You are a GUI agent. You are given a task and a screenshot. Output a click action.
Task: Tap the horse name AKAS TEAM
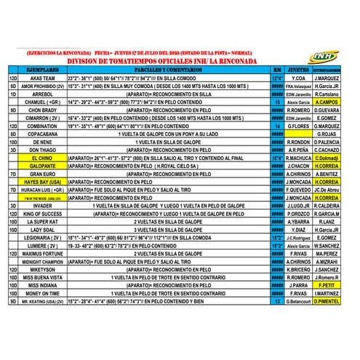coord(42,77)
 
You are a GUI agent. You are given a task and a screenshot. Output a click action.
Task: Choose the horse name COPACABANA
coord(42,134)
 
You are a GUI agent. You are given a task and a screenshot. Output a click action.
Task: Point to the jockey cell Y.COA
coord(297,77)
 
